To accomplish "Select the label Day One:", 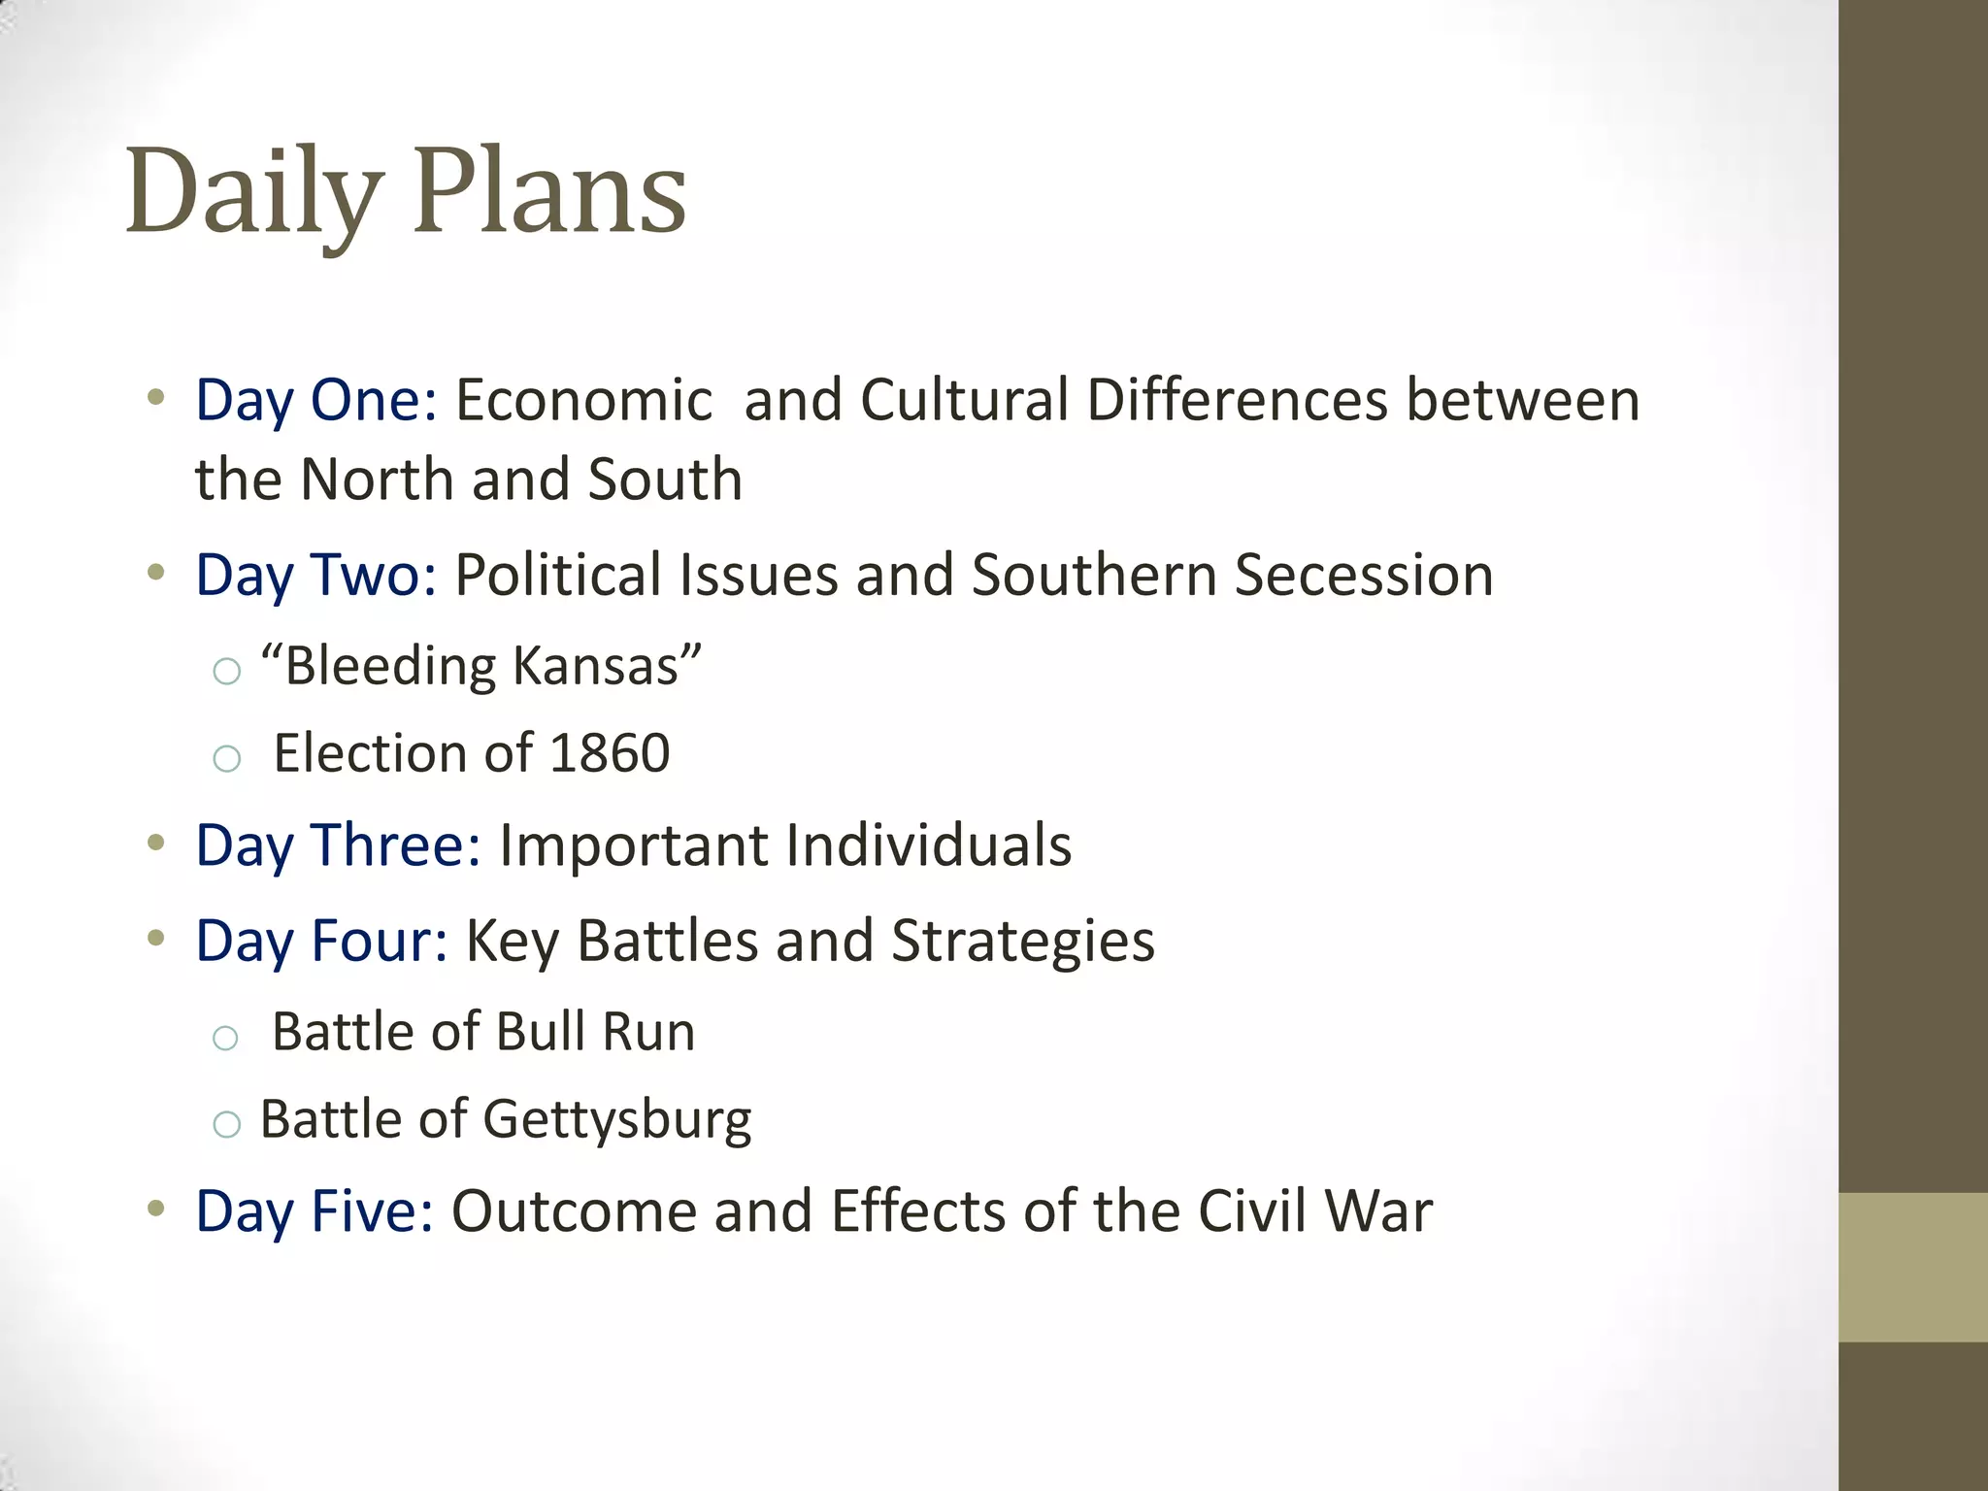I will click(x=316, y=400).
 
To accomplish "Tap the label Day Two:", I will click(x=316, y=575).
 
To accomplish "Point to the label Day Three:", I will click(x=339, y=845).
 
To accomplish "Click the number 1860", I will click(x=610, y=753).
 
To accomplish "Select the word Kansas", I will click(x=595, y=666).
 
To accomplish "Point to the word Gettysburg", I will click(x=617, y=1121).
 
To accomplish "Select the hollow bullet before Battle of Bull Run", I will click(x=225, y=1038).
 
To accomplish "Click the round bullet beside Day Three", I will click(x=155, y=843).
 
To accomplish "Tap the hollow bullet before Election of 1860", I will click(x=226, y=758).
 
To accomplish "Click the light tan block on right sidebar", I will click(x=1912, y=1267).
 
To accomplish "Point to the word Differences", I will click(x=1238, y=400).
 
